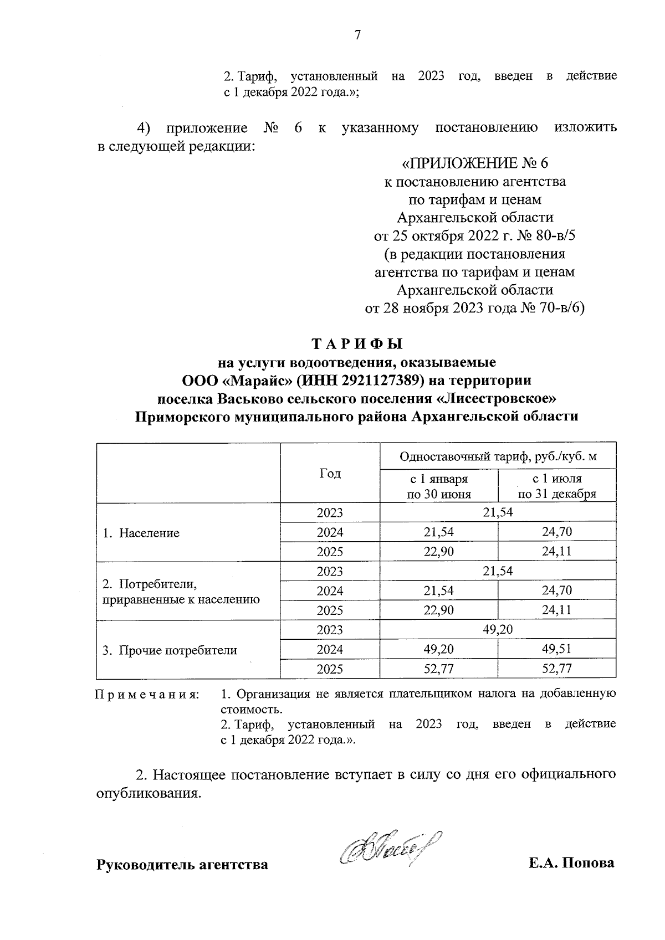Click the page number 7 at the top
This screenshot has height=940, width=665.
tap(357, 35)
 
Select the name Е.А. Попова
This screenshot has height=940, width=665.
tap(571, 863)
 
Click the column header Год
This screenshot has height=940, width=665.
tap(330, 473)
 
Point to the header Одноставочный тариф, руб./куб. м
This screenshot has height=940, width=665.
tap(498, 456)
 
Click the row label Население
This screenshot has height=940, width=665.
tap(142, 533)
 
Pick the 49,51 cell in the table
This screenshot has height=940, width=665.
tap(557, 649)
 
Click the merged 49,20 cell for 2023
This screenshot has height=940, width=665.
tap(498, 630)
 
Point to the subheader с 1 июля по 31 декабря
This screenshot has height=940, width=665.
tap(557, 486)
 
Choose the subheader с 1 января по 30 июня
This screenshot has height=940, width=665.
tap(438, 486)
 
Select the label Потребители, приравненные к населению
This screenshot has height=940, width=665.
tap(181, 591)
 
